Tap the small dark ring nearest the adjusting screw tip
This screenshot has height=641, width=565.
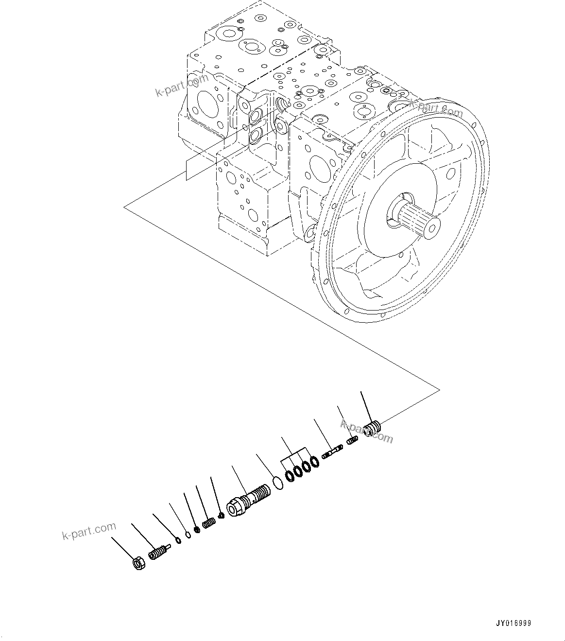[x=178, y=540]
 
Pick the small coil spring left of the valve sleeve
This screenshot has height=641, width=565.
[x=208, y=523]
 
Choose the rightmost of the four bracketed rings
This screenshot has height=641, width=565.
[x=314, y=461]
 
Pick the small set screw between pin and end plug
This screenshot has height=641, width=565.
[x=352, y=441]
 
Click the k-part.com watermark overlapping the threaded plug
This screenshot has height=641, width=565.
[x=366, y=432]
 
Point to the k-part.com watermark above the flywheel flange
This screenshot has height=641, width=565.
[x=435, y=108]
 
